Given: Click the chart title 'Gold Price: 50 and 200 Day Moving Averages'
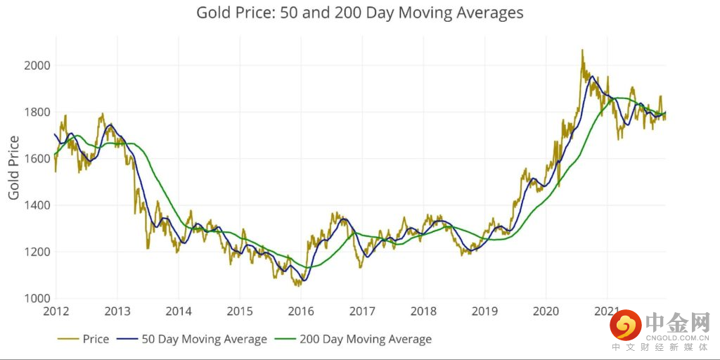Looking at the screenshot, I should (x=359, y=13).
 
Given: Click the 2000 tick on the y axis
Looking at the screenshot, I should (x=36, y=65).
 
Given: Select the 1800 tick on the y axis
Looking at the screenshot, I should (x=36, y=112).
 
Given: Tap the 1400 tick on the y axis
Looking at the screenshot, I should (x=36, y=205).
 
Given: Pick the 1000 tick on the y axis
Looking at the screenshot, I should (x=36, y=298).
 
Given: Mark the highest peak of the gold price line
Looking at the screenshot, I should (x=582, y=50).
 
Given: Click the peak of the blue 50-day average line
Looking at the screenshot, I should (x=591, y=76).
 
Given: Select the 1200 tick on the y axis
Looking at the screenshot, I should (x=36, y=252).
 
